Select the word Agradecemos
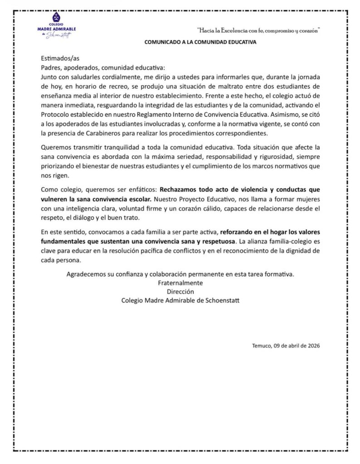(88, 274)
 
